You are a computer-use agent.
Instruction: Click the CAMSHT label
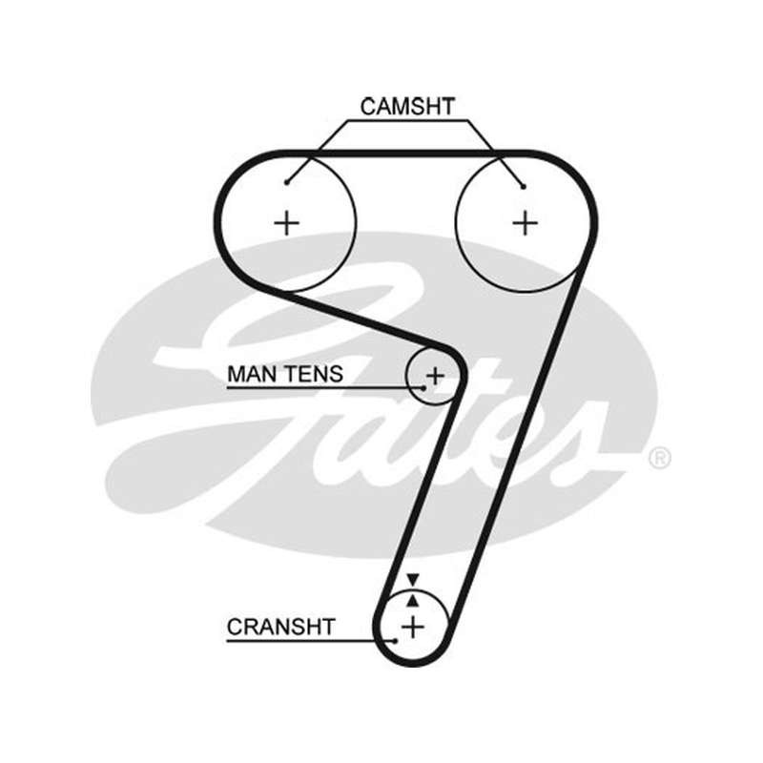(407, 107)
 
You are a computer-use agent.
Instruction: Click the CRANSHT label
(280, 627)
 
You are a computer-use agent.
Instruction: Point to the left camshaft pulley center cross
(287, 224)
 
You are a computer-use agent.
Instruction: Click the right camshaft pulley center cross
(526, 223)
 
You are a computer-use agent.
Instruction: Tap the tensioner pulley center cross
(435, 376)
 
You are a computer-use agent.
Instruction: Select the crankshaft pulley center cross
(413, 627)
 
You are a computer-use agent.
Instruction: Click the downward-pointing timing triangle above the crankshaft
(413, 580)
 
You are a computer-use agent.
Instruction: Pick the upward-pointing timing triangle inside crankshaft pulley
(413, 601)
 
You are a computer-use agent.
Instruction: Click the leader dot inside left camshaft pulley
(287, 182)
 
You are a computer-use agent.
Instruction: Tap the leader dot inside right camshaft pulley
(524, 186)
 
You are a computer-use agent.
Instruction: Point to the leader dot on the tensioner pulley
(423, 388)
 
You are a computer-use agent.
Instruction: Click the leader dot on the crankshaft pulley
(396, 641)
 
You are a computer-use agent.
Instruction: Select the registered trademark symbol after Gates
(660, 458)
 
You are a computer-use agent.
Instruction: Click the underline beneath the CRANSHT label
(311, 641)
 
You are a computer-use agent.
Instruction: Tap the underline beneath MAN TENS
(325, 388)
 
